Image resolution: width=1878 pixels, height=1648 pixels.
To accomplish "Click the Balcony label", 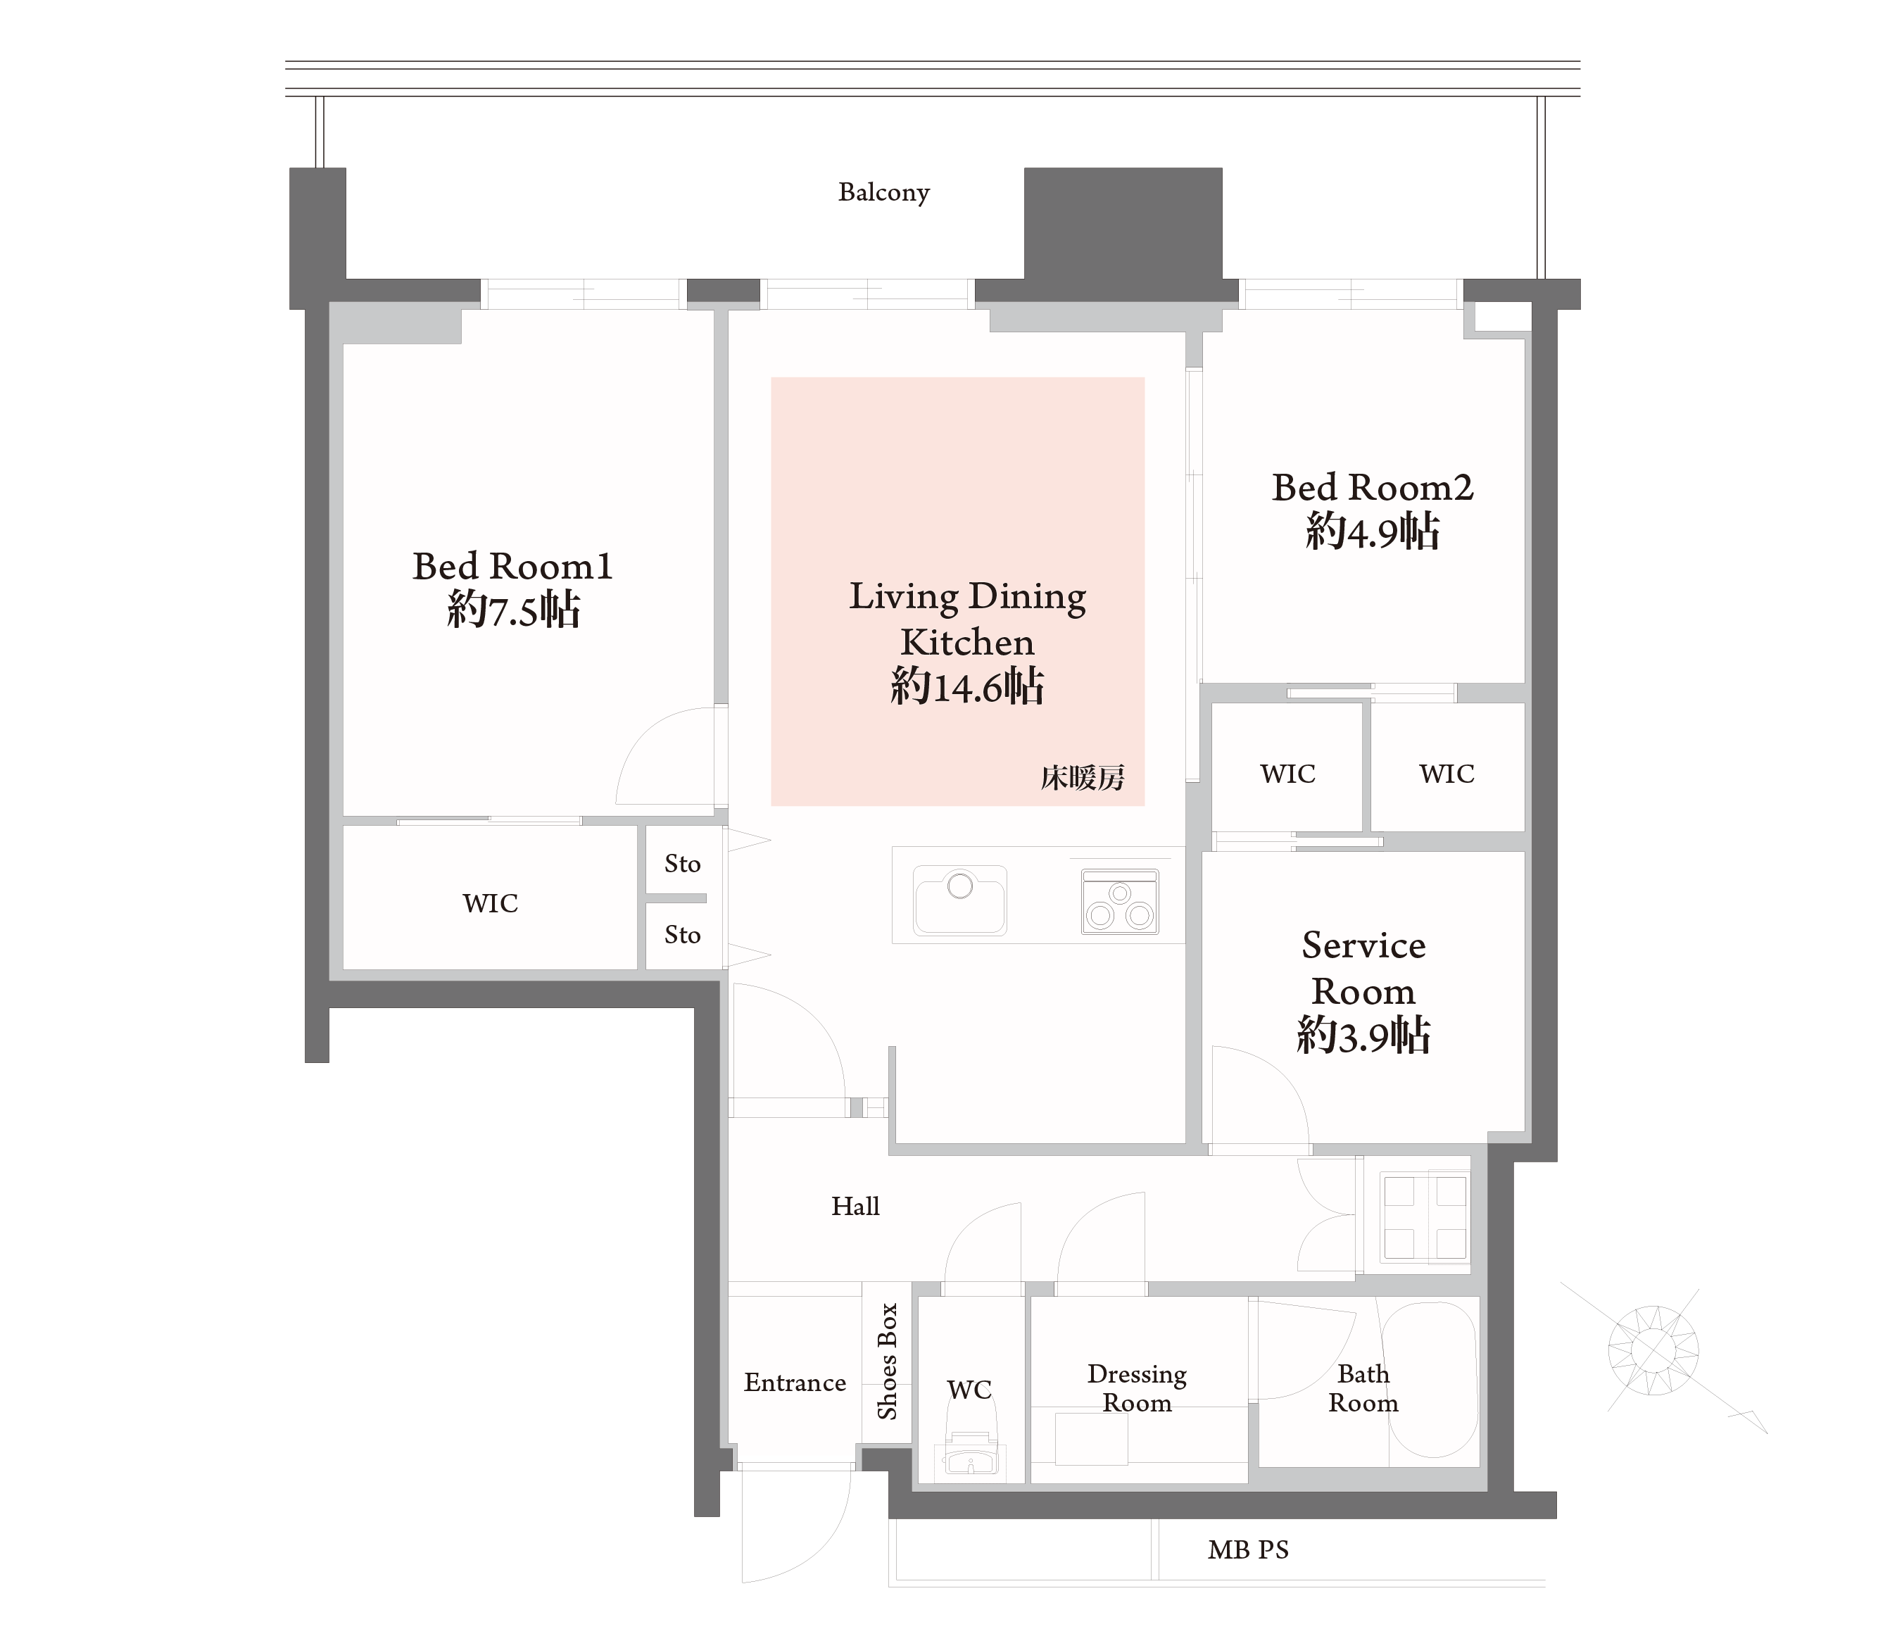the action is [884, 192].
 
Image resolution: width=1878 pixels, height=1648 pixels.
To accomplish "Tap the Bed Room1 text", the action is [512, 566].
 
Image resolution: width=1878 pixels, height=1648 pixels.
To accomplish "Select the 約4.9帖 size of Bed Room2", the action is [1372, 532].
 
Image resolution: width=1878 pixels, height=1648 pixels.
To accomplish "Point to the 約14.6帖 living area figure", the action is [966, 686].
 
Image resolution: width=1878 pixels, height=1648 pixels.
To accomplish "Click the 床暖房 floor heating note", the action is [1083, 779].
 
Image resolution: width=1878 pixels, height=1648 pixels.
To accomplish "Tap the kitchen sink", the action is [959, 900].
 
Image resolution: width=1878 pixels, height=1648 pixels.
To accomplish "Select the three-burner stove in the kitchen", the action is [1119, 902].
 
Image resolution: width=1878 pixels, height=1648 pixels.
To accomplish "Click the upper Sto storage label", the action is [682, 864].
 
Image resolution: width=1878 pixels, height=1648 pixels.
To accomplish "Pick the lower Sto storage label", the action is [682, 935].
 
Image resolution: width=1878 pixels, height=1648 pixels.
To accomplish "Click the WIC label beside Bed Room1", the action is [490, 903].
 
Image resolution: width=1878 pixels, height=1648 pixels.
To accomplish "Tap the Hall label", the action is [855, 1206].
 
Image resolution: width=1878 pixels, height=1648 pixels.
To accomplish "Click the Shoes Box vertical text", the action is [887, 1361].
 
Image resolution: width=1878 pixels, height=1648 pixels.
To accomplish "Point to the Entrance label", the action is [795, 1383].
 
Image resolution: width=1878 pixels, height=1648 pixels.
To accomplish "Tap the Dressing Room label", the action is [1137, 1388].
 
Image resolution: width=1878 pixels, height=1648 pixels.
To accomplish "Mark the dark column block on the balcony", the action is [1123, 223].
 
